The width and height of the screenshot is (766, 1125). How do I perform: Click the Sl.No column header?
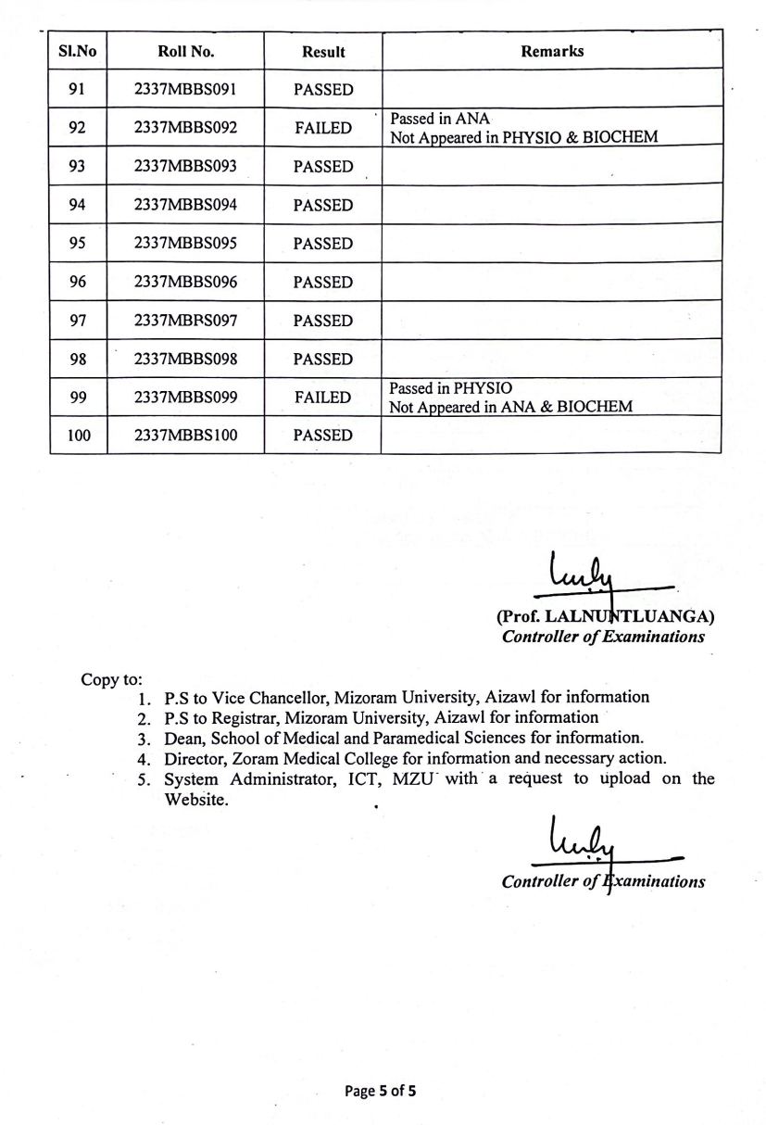tap(78, 52)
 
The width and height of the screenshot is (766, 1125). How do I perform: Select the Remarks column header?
tap(552, 51)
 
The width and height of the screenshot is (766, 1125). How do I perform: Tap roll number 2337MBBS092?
tap(185, 128)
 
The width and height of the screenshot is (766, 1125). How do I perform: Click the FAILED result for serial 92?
tap(323, 128)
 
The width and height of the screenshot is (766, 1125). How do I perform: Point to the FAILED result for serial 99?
tap(323, 398)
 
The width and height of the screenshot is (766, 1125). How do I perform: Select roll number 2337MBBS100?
tap(185, 436)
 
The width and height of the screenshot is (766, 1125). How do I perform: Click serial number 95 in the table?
tap(78, 244)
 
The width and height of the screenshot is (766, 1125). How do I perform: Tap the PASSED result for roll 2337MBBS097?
tap(323, 321)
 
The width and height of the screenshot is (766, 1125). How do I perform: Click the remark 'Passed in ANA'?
tap(440, 119)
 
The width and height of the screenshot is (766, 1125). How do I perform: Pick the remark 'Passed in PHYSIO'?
tap(450, 387)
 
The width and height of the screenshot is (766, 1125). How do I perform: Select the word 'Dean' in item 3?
tap(182, 738)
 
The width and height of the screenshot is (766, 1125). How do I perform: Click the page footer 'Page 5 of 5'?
tap(380, 1091)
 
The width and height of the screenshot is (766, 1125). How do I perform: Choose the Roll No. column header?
tap(185, 52)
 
